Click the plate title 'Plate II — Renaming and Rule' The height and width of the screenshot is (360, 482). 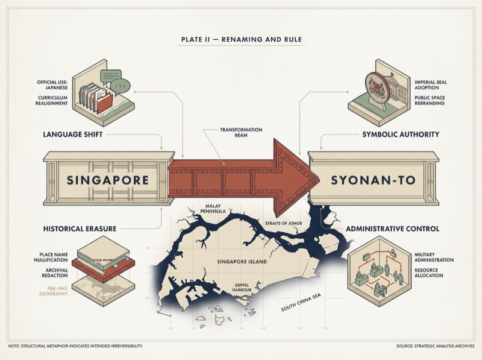[241, 40]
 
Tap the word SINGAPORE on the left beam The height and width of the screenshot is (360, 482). [107, 180]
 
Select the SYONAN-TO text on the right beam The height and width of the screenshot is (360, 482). [373, 180]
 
